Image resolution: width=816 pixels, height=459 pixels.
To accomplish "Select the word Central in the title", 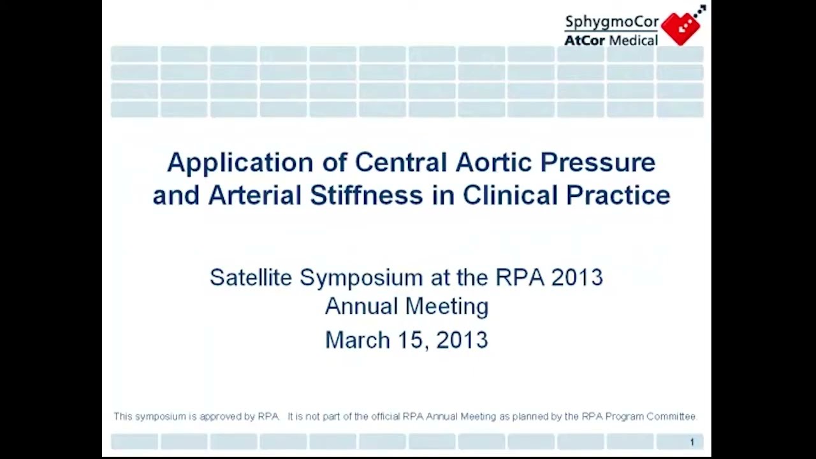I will point(400,162).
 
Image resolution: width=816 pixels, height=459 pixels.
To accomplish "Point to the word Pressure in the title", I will point(597,162).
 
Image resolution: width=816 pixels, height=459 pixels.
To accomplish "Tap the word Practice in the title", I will point(618,195).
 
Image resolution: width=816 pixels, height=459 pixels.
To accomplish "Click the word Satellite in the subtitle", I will point(251,277).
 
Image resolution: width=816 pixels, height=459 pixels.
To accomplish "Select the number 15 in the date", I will point(412,340).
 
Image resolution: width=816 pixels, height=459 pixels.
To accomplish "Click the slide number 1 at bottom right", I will point(692,442).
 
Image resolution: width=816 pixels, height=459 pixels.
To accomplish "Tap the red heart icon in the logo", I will point(681,27).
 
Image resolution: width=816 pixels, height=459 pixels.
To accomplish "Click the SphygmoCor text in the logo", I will point(611,22).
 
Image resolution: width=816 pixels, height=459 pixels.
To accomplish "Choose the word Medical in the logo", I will point(633,40).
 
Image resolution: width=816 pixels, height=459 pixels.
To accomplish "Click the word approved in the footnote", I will point(221,416).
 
